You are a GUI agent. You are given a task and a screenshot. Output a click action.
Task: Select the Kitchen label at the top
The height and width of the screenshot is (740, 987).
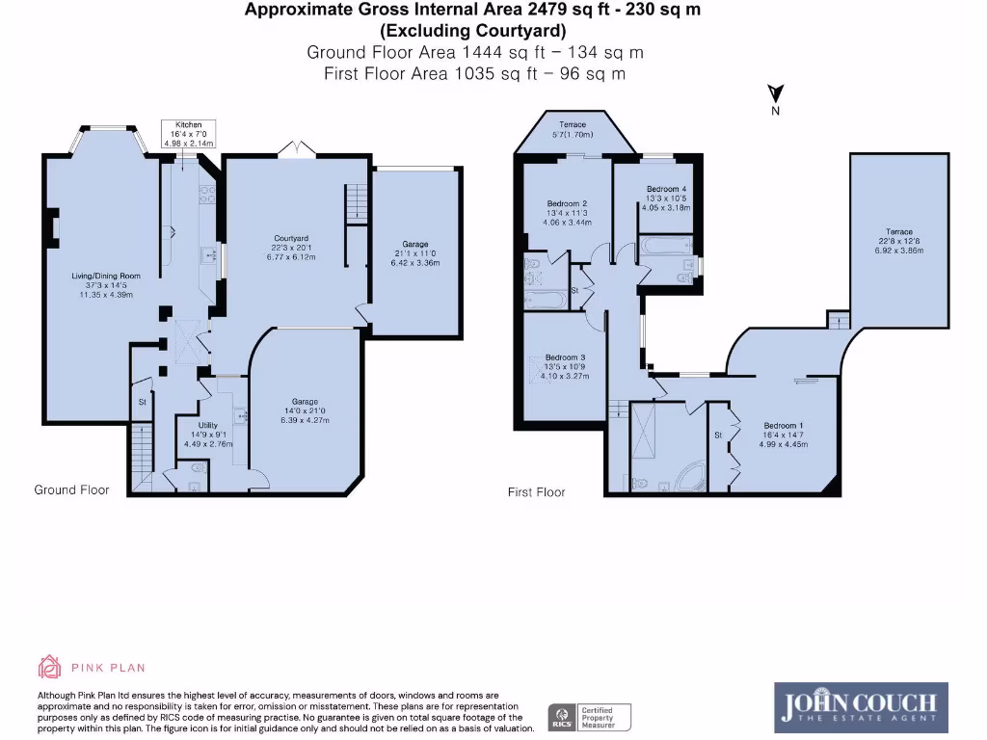(x=189, y=125)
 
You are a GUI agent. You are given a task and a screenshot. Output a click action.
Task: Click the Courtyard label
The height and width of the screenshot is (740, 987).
(x=291, y=238)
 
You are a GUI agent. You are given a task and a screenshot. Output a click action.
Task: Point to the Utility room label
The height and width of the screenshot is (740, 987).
(x=207, y=425)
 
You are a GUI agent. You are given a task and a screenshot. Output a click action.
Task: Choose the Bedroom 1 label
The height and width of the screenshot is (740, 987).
(x=782, y=426)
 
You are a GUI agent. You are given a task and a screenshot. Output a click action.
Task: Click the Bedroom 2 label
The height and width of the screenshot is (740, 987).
(x=567, y=203)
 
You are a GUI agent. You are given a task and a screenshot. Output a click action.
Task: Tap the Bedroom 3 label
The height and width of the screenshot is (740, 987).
(x=565, y=357)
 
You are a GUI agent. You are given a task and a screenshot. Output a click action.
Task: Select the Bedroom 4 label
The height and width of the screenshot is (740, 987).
(x=666, y=189)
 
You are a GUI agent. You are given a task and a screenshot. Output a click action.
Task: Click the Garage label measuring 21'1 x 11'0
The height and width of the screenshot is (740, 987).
(x=415, y=245)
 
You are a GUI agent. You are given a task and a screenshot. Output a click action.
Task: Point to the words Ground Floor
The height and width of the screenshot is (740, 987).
(x=71, y=489)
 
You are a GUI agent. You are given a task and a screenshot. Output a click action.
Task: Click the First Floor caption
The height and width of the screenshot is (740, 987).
(x=536, y=492)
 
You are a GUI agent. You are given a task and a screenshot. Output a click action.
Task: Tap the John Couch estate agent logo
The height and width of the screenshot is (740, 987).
(x=861, y=707)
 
